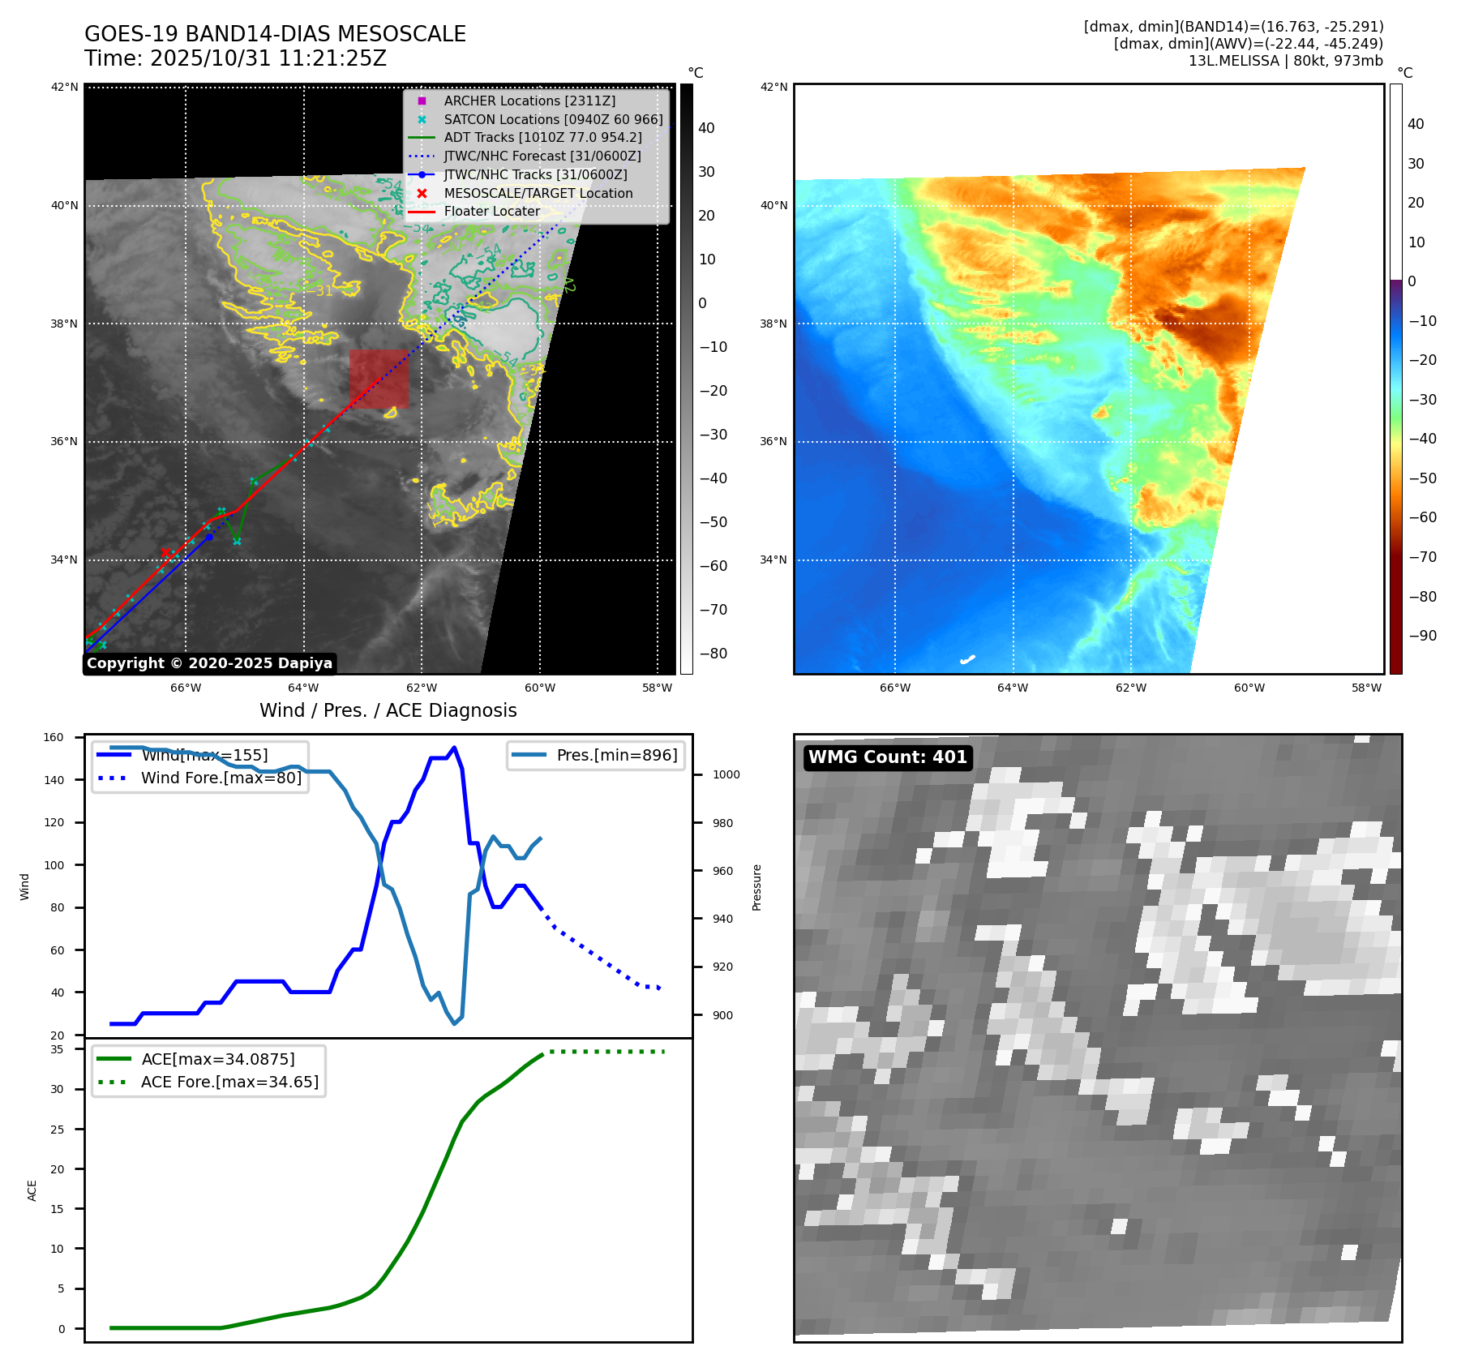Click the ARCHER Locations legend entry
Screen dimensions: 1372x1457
529,101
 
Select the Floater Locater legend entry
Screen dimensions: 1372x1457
491,212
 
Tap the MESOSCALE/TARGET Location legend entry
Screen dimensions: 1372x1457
538,193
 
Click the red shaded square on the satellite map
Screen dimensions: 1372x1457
379,379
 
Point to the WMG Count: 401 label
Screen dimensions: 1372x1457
888,757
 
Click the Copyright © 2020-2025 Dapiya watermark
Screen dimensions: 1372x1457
209,663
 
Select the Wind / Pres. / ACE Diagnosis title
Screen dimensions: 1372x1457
388,710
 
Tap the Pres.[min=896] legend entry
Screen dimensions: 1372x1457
616,755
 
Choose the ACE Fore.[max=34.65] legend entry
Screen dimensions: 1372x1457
229,1082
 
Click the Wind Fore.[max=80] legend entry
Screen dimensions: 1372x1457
221,778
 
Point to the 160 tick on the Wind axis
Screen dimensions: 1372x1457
54,737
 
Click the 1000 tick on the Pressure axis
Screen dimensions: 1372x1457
726,774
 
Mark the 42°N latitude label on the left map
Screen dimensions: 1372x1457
65,87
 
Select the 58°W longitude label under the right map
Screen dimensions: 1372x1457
1366,688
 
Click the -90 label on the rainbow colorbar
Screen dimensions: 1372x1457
1422,636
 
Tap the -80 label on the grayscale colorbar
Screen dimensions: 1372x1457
714,654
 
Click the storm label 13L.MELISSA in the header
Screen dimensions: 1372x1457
1233,61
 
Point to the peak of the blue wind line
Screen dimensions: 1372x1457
454,748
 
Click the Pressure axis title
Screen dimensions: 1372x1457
756,887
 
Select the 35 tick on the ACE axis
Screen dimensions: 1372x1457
57,1049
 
